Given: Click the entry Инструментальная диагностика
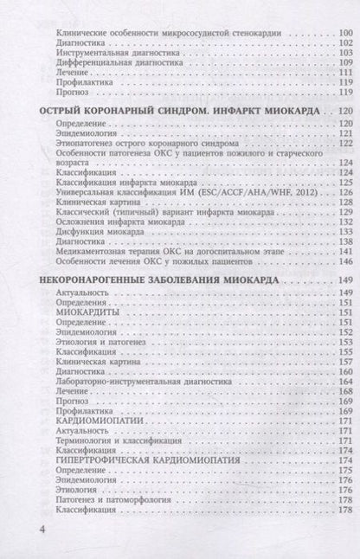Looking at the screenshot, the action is click(108, 52).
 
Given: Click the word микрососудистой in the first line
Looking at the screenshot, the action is click(188, 32).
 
